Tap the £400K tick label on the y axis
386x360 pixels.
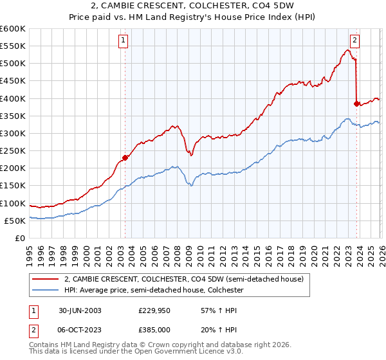[x=12, y=98]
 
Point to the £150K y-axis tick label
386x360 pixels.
[x=12, y=186]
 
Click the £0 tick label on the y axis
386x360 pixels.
[x=21, y=239]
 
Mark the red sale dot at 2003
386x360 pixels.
[x=125, y=157]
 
